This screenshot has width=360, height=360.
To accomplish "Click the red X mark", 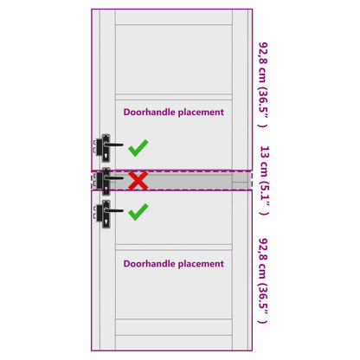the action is coord(138,181).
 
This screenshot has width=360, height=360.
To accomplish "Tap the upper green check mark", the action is coord(138,149).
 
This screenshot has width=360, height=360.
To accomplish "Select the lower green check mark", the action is coord(138,213).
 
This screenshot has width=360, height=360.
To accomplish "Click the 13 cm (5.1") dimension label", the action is coord(264,181).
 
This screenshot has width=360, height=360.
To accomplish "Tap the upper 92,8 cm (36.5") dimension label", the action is coord(263,85).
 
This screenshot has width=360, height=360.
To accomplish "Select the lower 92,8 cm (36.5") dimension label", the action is coord(263,280).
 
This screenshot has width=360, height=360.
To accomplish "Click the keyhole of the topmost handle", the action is coord(106,157).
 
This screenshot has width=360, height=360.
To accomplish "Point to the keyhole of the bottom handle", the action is coord(106,222).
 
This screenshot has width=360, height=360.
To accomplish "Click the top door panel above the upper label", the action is coord(174,59).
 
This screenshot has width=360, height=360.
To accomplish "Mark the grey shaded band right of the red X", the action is coord(190,181).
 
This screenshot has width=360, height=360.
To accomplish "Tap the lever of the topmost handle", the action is coord(113,145).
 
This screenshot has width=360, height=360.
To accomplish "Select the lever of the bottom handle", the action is coord(113,210).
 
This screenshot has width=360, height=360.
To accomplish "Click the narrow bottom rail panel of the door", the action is coord(174,327).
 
